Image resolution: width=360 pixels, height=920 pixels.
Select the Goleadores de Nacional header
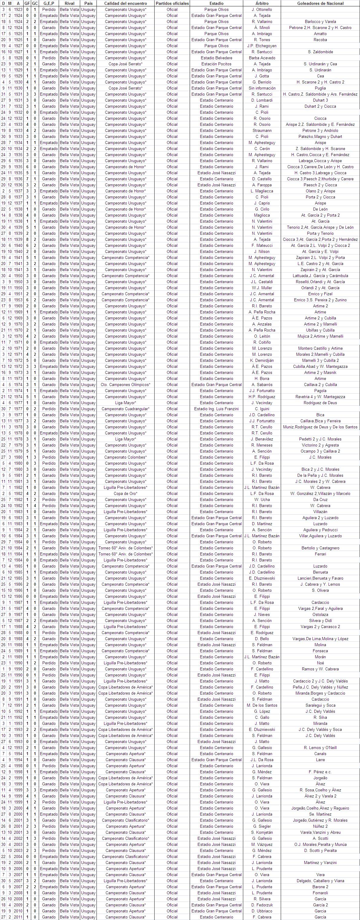(320, 3)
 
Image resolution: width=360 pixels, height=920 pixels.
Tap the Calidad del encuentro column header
(125, 3)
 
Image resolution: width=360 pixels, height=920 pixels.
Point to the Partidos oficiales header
(172, 3)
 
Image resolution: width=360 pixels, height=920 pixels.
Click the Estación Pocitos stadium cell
(216, 64)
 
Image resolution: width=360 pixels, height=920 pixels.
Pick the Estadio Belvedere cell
(216, 58)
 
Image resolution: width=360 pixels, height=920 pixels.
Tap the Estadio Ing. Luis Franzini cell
(216, 409)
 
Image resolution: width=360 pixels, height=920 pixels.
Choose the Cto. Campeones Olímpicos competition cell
(125, 385)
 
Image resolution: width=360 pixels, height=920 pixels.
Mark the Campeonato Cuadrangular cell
(125, 409)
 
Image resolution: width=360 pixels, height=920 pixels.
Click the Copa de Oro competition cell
(125, 493)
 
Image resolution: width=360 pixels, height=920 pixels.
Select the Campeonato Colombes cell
(125, 457)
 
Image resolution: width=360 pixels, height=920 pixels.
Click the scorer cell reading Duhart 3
(320, 100)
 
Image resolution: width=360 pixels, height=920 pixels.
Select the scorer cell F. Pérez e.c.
(320, 772)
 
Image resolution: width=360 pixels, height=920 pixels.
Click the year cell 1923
(18, 9)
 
